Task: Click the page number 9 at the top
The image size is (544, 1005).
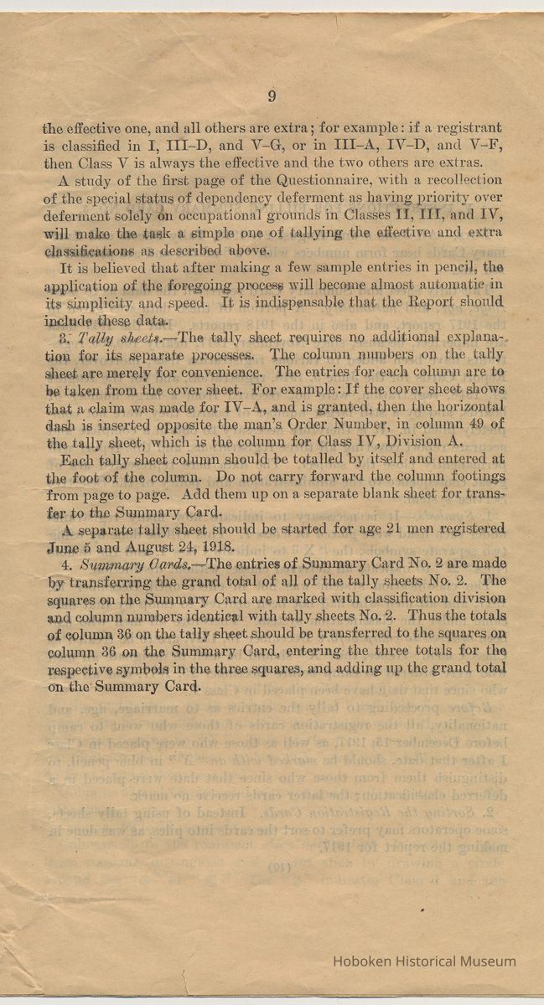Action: click(272, 96)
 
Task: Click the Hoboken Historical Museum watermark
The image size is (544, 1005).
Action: click(424, 961)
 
